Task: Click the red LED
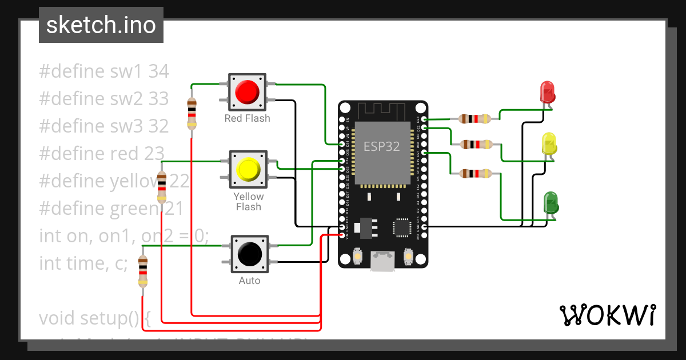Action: (547, 92)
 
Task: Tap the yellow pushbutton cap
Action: (248, 169)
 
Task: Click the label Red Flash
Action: (247, 118)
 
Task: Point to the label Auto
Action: (249, 281)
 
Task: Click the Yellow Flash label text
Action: (248, 202)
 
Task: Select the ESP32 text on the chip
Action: (382, 146)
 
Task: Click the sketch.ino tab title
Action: (101, 25)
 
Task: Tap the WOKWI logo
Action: (607, 315)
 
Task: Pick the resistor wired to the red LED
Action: (474, 119)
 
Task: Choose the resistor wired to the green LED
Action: (474, 173)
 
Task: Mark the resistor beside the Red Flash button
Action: (192, 113)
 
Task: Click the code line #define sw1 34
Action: (104, 71)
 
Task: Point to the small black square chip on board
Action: (401, 228)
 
